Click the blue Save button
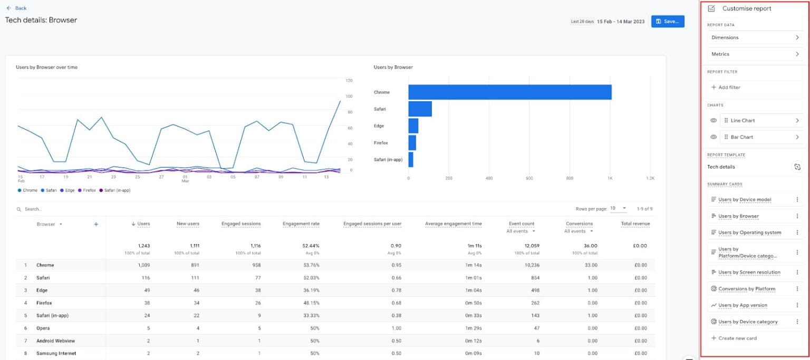pos(668,21)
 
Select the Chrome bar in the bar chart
pos(509,92)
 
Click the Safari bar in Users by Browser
pos(420,109)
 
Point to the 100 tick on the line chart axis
pos(349,96)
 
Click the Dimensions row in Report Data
pos(754,37)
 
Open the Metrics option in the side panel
pos(754,54)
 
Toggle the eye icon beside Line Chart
pos(713,121)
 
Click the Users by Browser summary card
pos(738,216)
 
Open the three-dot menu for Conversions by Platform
pos(797,289)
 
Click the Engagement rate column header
pos(301,224)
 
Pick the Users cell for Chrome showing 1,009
pos(143,265)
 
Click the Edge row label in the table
pos(42,290)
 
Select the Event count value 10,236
pos(523,265)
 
